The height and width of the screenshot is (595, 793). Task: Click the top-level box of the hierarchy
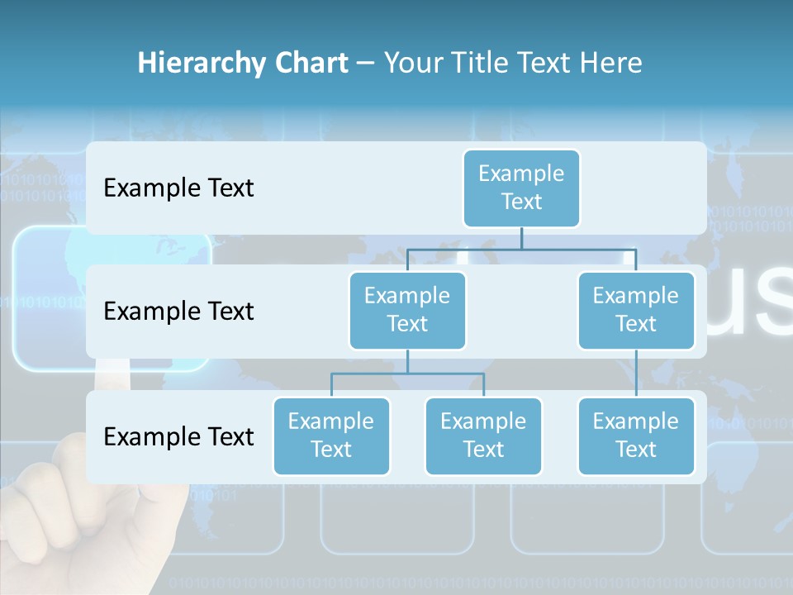[x=521, y=188]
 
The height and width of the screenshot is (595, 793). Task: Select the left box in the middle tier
[x=407, y=310]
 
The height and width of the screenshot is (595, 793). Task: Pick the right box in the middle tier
[x=636, y=310]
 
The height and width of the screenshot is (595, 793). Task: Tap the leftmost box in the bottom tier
[x=331, y=436]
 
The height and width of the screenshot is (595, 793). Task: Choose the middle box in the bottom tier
[x=483, y=436]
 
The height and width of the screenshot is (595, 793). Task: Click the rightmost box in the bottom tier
[x=636, y=436]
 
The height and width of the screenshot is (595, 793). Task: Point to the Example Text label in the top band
[x=178, y=188]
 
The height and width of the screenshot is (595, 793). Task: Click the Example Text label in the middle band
[x=178, y=311]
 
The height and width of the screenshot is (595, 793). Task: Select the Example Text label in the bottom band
[x=178, y=436]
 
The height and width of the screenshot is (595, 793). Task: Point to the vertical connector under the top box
[x=521, y=238]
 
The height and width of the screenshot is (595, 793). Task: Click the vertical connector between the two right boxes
[x=636, y=374]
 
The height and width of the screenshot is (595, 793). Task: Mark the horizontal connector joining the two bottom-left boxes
[x=407, y=374]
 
